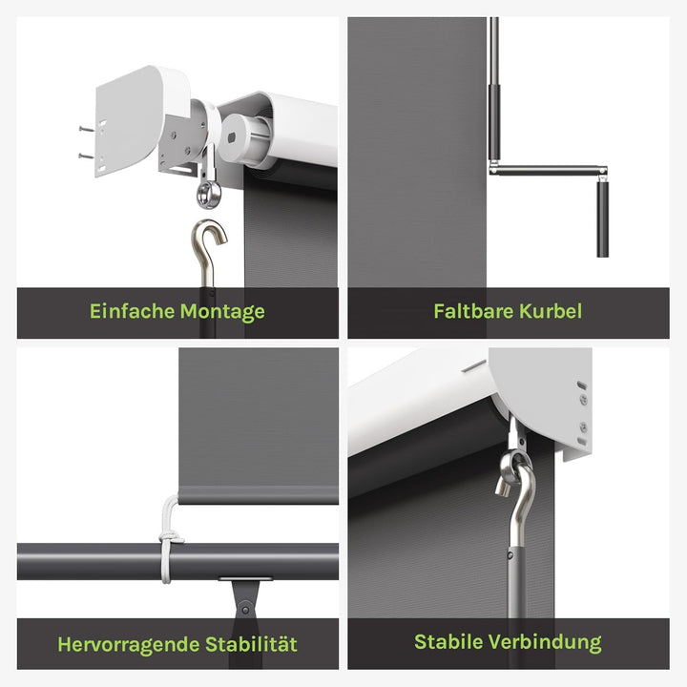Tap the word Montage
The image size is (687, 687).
tap(222, 312)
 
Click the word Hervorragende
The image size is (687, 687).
tap(130, 644)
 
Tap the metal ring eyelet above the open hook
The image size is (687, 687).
tap(208, 195)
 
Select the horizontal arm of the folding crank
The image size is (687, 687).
tap(544, 172)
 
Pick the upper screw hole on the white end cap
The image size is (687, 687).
tap(579, 385)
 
